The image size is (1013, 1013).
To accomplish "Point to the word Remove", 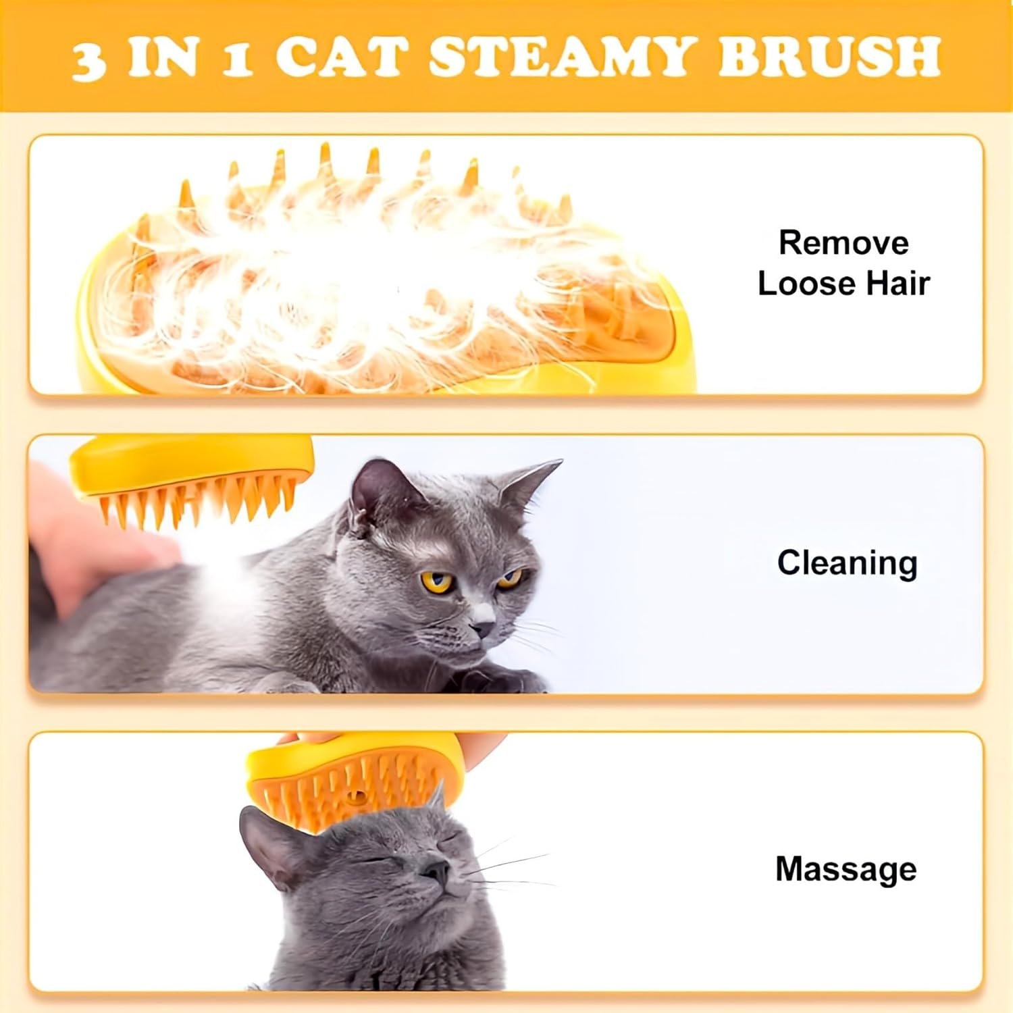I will pos(843,242).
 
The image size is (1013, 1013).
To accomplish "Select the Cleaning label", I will pos(847,563).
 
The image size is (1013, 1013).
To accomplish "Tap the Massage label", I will pos(846,869).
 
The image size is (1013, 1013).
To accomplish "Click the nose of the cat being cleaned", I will pos(482,631).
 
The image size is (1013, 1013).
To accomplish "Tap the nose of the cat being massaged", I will pos(436,871).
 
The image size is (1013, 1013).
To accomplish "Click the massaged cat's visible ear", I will pos(270,844).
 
